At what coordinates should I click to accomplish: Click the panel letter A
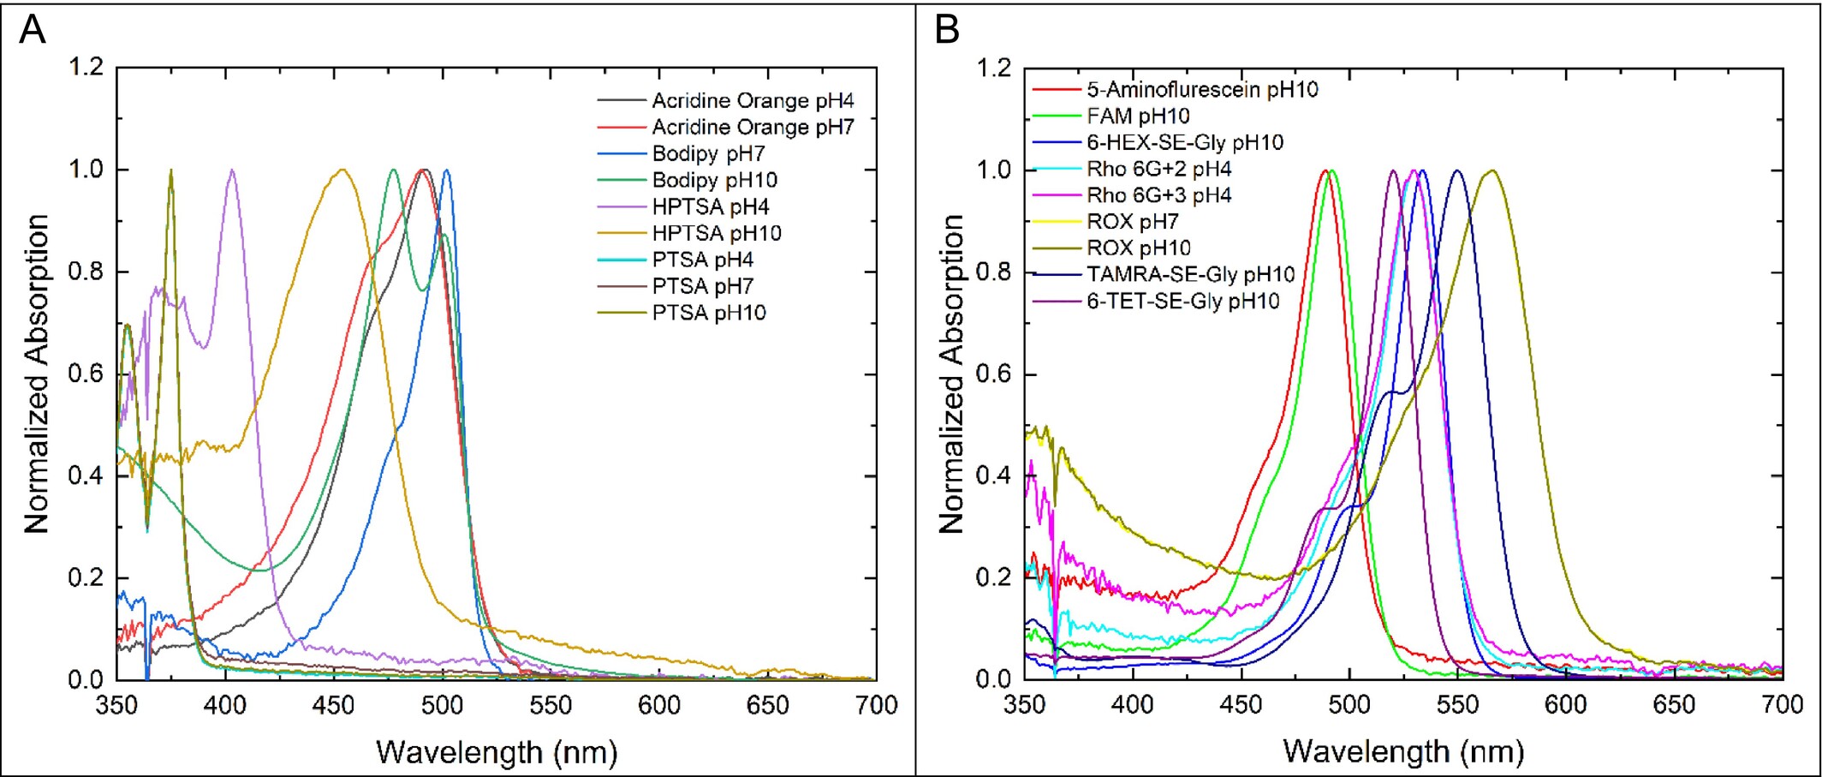point(33,30)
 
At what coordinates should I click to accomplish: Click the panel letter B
point(946,30)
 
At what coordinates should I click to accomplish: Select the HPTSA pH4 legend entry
point(710,206)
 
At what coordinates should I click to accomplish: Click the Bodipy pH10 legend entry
point(714,180)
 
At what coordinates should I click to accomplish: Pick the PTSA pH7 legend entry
point(702,286)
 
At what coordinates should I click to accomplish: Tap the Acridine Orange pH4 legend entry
point(753,100)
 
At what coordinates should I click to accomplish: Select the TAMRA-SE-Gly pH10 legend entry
point(1190,275)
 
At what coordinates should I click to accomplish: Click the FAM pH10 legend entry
point(1138,116)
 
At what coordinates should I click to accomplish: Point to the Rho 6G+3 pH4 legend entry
point(1158,195)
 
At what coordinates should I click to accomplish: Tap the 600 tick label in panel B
point(1565,705)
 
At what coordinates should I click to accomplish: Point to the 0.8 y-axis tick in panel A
point(86,272)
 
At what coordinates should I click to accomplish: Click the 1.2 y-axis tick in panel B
point(993,67)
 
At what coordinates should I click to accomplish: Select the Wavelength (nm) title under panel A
point(497,753)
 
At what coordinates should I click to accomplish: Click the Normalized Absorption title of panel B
point(951,374)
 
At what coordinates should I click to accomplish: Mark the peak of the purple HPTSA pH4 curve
point(231,170)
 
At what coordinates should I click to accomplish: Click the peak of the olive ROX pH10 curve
point(1492,170)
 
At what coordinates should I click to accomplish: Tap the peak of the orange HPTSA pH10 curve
point(342,170)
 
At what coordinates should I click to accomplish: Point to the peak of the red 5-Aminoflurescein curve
point(1325,170)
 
